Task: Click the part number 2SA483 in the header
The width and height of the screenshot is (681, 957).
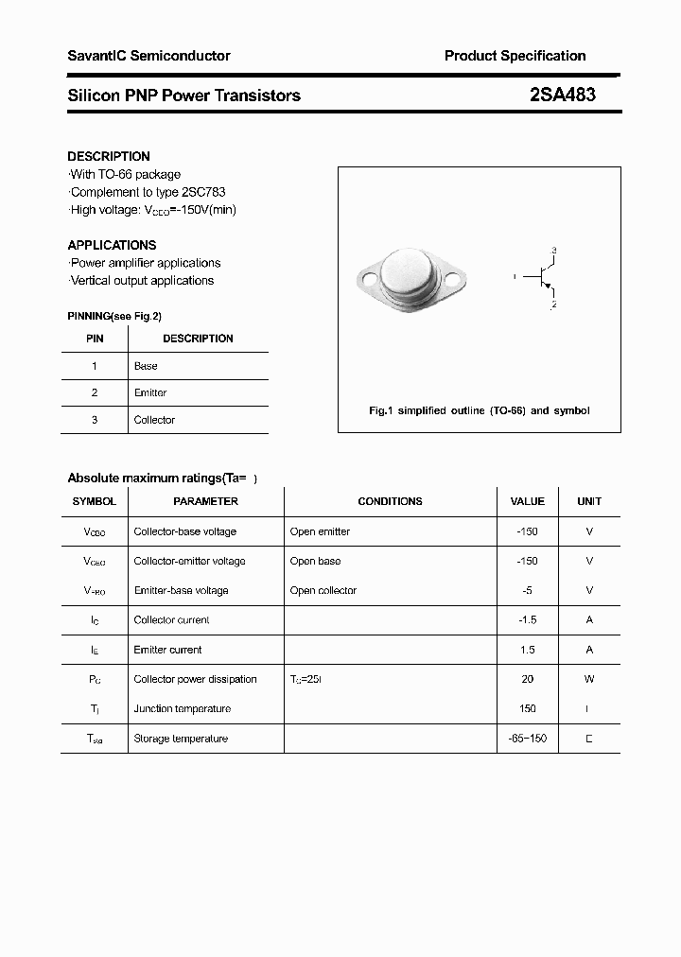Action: tap(563, 95)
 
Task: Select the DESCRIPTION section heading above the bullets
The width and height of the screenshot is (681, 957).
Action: tap(109, 156)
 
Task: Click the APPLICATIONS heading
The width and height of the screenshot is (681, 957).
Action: tap(112, 245)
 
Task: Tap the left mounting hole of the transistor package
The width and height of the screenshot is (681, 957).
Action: tap(368, 280)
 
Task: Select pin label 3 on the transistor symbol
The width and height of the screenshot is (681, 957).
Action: tap(553, 250)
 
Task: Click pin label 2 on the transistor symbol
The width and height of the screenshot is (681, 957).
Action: tap(553, 304)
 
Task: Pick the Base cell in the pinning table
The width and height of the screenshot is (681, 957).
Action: tap(146, 366)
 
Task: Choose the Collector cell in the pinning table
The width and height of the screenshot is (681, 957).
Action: tap(154, 420)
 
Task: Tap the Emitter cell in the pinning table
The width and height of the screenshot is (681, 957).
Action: tap(150, 392)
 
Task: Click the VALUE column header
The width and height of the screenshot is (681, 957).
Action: tap(527, 501)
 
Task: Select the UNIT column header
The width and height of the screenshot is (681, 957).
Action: tap(589, 501)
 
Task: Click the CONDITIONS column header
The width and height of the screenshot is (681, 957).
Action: tap(390, 501)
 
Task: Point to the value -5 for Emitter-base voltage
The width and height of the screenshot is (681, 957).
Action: tap(527, 590)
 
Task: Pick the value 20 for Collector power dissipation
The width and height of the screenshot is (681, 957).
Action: tap(527, 679)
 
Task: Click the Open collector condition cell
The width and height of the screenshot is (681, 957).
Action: tap(323, 590)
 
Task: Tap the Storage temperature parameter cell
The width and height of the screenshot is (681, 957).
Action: tap(181, 739)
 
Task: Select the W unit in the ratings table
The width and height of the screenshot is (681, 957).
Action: tap(589, 679)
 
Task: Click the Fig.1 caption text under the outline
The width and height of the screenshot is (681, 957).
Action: tap(479, 410)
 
